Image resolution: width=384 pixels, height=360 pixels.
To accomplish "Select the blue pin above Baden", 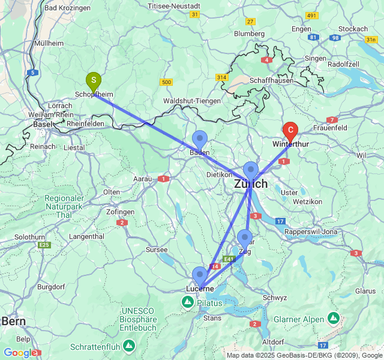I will pyautogui.click(x=200, y=139).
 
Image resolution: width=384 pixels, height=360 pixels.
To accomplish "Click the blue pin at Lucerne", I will pyautogui.click(x=199, y=275).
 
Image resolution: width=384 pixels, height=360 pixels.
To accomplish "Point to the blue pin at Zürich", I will pyautogui.click(x=250, y=170).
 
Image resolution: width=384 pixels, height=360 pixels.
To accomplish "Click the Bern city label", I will pyautogui.click(x=13, y=321).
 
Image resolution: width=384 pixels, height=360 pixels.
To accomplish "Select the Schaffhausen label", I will pyautogui.click(x=273, y=80).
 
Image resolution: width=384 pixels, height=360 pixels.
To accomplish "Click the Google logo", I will pyautogui.click(x=19, y=353).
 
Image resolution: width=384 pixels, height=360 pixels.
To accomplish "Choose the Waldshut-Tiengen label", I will pyautogui.click(x=192, y=101).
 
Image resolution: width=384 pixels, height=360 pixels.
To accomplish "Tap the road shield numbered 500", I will pyautogui.click(x=166, y=82).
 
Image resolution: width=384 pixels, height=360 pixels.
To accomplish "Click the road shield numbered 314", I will pyautogui.click(x=223, y=78).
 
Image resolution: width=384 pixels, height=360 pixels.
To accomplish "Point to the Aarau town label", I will pyautogui.click(x=142, y=179).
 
